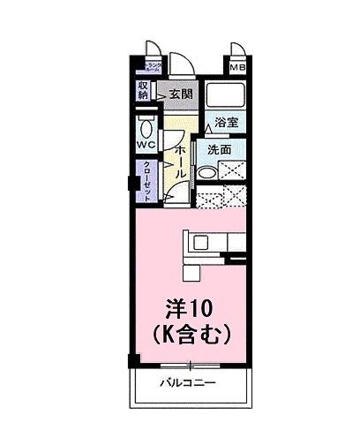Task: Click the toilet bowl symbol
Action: pos(147,124)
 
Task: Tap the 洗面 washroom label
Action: pos(220,150)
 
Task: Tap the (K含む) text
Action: pos(191,335)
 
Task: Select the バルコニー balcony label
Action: pos(189,383)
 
